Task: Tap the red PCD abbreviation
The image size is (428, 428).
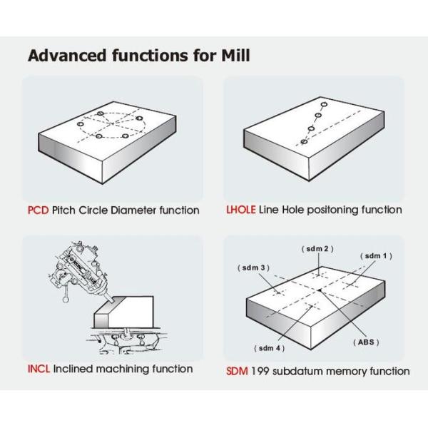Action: click(x=39, y=210)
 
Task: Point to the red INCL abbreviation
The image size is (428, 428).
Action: click(x=38, y=369)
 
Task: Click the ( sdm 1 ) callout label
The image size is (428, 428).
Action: click(x=376, y=255)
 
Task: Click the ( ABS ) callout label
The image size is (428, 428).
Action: click(x=366, y=342)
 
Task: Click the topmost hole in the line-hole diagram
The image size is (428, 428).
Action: click(x=324, y=104)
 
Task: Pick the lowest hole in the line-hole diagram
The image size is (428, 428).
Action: click(x=304, y=142)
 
